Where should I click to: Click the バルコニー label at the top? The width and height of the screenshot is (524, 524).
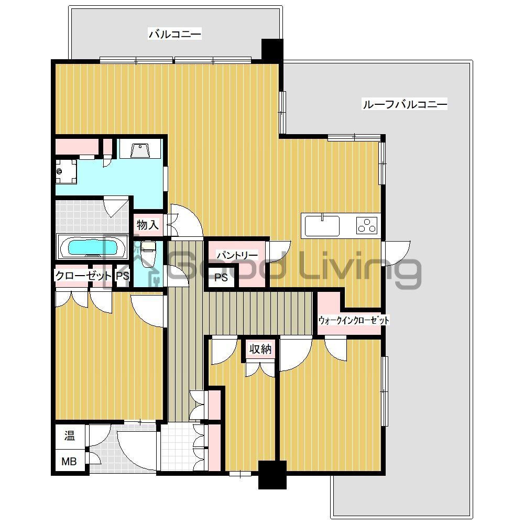[x=175, y=35]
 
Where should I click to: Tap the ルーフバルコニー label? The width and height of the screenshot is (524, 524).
[x=405, y=104]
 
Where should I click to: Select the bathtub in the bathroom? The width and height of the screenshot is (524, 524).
[x=92, y=247]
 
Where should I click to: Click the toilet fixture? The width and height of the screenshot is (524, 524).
[x=149, y=254]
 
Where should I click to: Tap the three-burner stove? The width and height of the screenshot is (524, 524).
[x=367, y=225]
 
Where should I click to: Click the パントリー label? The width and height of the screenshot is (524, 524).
[x=237, y=255]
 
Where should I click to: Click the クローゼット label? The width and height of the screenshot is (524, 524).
[x=84, y=275]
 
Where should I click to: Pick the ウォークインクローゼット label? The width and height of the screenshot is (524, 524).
[x=354, y=321]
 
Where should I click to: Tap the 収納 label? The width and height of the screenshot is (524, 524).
[x=260, y=349]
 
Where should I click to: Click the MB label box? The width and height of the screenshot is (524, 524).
[x=70, y=462]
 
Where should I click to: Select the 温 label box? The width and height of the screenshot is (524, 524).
[x=69, y=435]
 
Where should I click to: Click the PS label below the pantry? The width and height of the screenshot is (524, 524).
[x=222, y=278]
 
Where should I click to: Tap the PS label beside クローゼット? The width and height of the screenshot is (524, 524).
[x=122, y=276]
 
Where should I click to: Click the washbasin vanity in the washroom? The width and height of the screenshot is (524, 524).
[x=140, y=149]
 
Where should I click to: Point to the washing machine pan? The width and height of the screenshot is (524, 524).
[x=67, y=171]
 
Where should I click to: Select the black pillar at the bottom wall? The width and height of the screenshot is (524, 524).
[x=272, y=474]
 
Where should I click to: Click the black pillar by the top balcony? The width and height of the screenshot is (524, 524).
[x=272, y=50]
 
